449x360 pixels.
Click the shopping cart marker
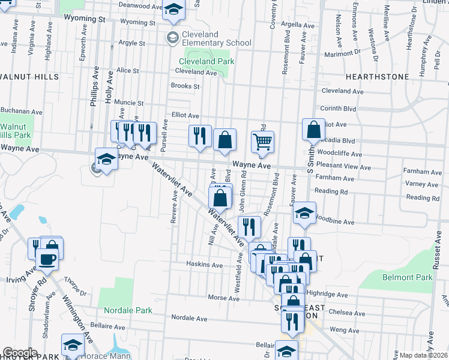(x=262, y=142)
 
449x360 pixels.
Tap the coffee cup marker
(x=47, y=260)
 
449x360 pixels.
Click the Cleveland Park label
(x=205, y=61)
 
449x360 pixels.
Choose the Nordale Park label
(x=128, y=310)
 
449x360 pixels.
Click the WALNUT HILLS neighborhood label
(x=29, y=77)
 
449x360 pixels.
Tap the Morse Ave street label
(x=223, y=298)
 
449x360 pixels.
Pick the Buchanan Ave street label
(x=22, y=111)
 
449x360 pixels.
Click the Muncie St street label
(x=129, y=103)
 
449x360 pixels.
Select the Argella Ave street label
(x=294, y=25)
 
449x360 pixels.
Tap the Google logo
(x=20, y=353)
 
